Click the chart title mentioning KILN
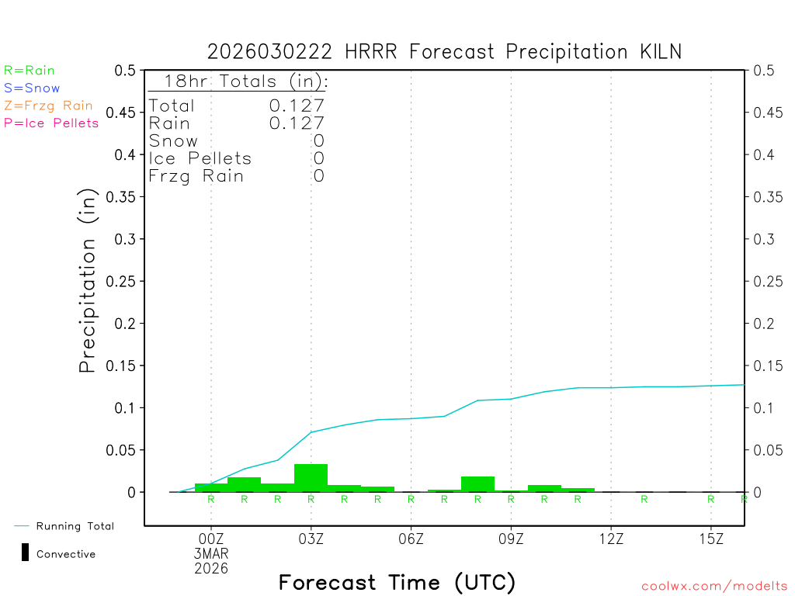[x=444, y=52]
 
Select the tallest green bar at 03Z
[x=311, y=477]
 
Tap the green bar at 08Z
[x=477, y=483]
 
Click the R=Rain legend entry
[x=30, y=71]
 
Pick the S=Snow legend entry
[x=32, y=88]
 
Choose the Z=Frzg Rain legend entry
[x=48, y=106]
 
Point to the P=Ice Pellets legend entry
[x=51, y=123]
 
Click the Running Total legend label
[x=75, y=526]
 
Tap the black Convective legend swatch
[x=25, y=553]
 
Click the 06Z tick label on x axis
[x=411, y=539]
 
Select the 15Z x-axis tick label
[x=711, y=539]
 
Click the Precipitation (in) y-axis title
[x=88, y=281]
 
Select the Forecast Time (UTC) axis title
[x=397, y=582]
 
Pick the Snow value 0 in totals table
[x=318, y=141]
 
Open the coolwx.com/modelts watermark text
[x=714, y=587]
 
